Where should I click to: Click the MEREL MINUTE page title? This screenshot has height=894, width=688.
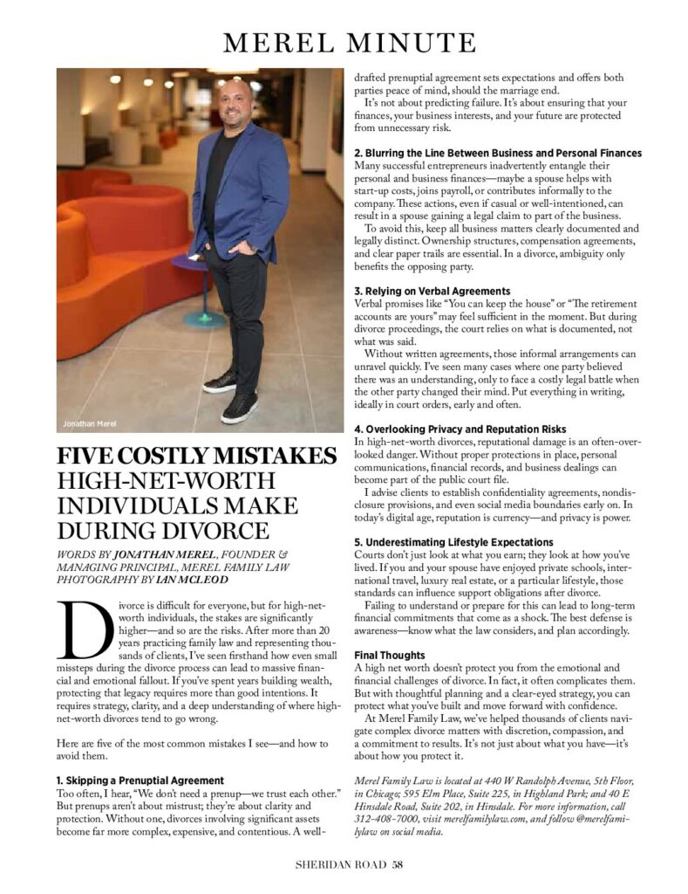pos(348,42)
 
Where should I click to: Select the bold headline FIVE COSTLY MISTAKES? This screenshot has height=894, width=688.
pos(196,457)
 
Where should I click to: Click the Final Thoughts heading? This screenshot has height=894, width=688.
pos(390,655)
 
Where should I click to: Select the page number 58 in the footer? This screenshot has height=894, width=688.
pos(398,866)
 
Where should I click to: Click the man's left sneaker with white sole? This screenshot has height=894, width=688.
pos(240,406)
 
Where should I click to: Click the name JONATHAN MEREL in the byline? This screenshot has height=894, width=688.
pos(162,553)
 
